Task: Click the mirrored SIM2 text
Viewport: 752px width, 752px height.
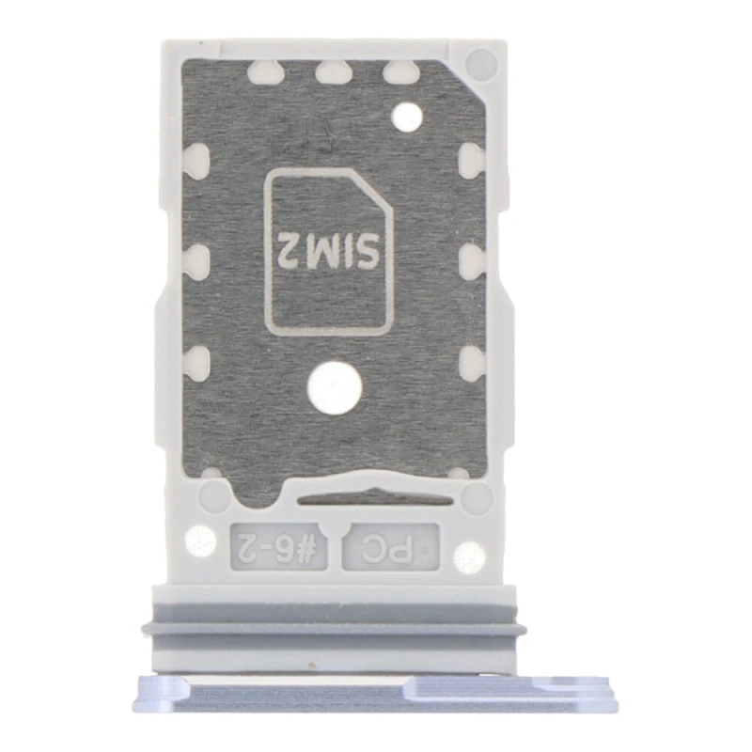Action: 328,250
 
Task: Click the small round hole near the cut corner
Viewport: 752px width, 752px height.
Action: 407,117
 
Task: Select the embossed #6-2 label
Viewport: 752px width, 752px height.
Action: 278,546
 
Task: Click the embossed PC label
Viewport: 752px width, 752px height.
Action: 387,548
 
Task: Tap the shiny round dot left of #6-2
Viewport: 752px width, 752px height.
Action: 200,541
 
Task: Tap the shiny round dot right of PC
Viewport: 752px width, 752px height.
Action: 468,557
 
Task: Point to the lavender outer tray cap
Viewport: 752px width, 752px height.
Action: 375,693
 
